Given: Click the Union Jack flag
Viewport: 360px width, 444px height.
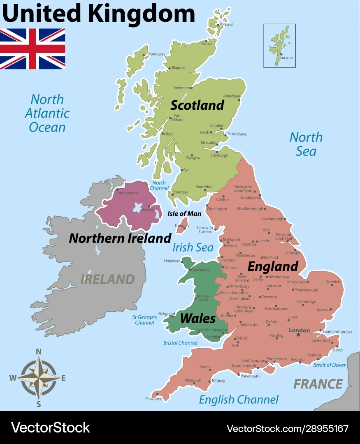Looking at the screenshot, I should click(x=33, y=49).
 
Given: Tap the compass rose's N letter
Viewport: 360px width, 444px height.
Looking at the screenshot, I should click(x=39, y=351).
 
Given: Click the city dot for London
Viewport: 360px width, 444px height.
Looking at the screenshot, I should click(x=298, y=335).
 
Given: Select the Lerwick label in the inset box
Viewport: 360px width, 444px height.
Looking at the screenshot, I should click(x=286, y=58).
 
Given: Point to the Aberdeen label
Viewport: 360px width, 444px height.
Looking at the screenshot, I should click(x=232, y=96).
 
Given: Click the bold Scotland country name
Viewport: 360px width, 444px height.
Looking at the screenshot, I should click(x=197, y=105).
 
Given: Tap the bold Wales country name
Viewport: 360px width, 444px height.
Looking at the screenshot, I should click(x=197, y=318).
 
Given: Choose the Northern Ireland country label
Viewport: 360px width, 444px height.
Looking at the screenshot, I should click(x=120, y=238).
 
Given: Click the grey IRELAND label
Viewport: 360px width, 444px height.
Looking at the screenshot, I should click(x=107, y=279).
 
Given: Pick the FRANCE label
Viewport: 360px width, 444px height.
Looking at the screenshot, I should click(x=318, y=384).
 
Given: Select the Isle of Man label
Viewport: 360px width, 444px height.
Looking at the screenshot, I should click(x=184, y=214).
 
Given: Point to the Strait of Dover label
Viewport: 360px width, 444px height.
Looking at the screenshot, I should click(x=329, y=365).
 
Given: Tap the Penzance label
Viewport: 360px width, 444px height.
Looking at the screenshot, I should click(x=153, y=399).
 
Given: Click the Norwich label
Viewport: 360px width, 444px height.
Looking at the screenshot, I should click(x=333, y=282).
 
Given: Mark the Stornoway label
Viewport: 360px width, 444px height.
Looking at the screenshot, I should click(x=156, y=54).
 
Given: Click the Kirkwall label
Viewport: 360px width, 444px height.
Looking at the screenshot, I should click(x=227, y=25).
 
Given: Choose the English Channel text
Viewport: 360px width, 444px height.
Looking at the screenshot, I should click(x=239, y=399).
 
